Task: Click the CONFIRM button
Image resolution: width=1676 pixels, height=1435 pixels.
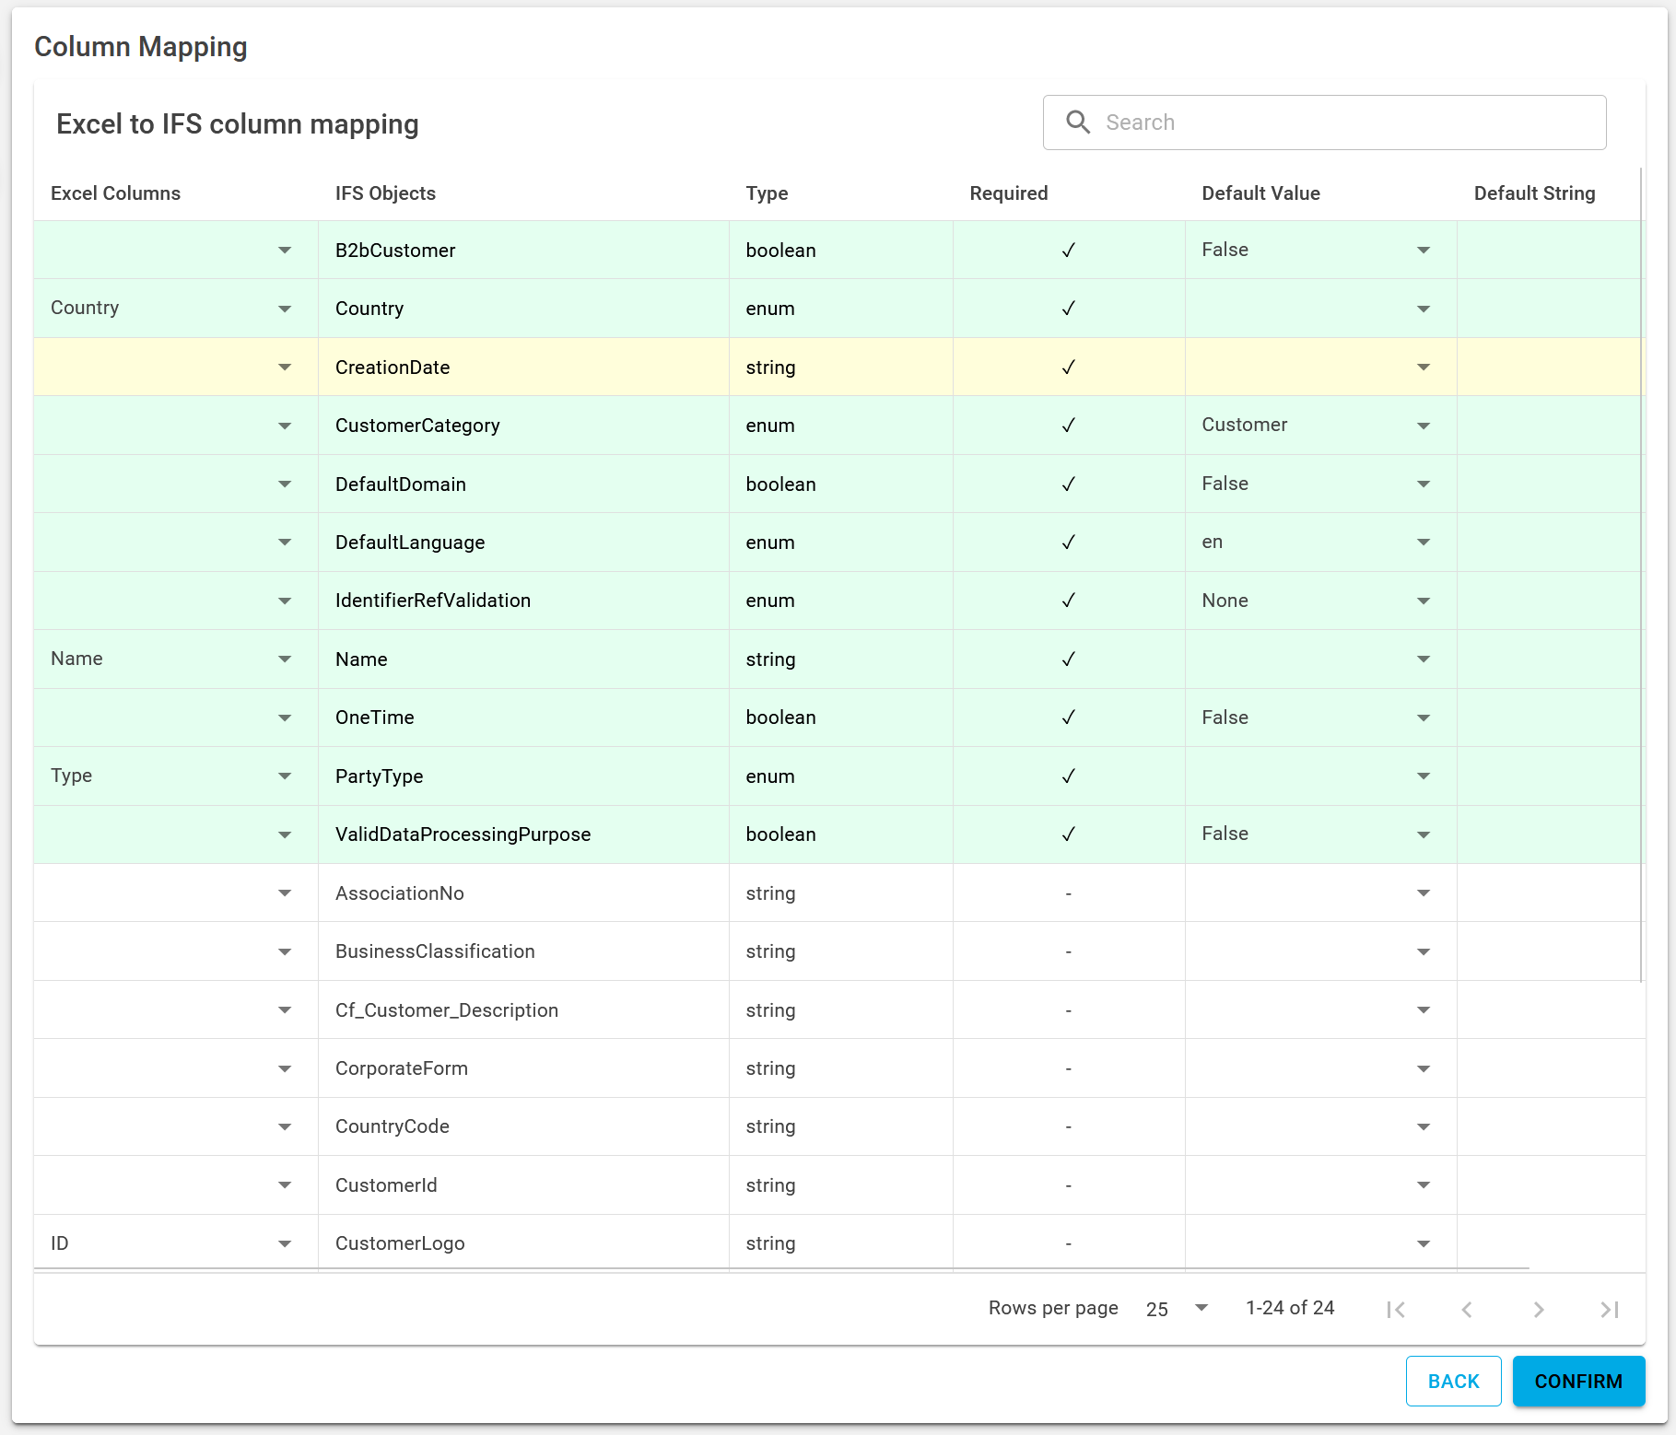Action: (1577, 1381)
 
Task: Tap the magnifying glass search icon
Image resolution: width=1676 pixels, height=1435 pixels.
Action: (1077, 122)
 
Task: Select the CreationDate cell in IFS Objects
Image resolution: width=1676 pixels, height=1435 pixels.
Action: (393, 367)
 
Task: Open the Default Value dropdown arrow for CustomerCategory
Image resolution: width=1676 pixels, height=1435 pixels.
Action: (1423, 426)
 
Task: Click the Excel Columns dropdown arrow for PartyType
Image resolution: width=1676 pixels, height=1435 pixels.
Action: (285, 776)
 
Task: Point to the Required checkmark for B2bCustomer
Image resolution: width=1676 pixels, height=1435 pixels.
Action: (1068, 251)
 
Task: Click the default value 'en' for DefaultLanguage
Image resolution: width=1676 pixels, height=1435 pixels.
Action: (1212, 542)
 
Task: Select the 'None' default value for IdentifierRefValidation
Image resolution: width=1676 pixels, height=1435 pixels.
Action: (1225, 601)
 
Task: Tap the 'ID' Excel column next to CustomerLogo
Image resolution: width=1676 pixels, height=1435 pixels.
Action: (60, 1243)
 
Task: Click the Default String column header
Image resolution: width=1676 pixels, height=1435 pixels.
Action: (1534, 193)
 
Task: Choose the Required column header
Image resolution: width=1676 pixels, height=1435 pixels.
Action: (1008, 193)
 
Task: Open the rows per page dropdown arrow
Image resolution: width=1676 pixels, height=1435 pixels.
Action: (1201, 1308)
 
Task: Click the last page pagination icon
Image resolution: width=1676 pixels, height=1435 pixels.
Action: (1609, 1309)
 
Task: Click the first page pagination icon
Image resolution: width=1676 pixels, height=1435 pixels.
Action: (1396, 1309)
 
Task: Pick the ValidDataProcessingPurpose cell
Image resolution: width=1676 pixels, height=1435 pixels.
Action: (463, 834)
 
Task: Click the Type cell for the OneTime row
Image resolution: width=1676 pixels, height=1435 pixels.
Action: (780, 717)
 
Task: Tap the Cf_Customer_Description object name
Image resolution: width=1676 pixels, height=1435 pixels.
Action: (446, 1010)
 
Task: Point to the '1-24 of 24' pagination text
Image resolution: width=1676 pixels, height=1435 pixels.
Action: (1289, 1308)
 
